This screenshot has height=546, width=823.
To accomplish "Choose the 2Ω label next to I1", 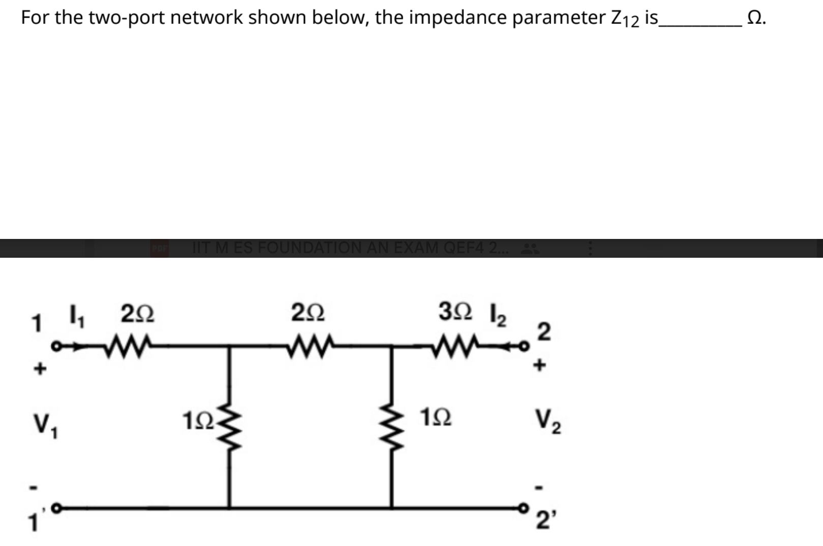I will click(x=137, y=313).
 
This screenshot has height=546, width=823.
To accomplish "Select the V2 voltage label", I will click(x=547, y=421).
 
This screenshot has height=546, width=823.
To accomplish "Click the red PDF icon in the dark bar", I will click(x=159, y=249).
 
